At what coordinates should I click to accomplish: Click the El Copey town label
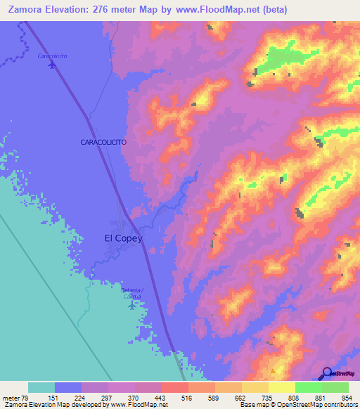point(123,238)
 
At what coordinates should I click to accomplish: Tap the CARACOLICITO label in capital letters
point(103,142)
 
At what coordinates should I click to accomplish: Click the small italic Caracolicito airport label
point(51,56)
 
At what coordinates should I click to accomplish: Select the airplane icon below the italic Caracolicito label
point(51,65)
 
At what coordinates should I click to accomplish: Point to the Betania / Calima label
point(131,293)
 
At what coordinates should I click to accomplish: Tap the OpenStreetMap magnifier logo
point(326,373)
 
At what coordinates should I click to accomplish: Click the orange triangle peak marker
point(274,370)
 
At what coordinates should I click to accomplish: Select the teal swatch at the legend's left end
point(41,387)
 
